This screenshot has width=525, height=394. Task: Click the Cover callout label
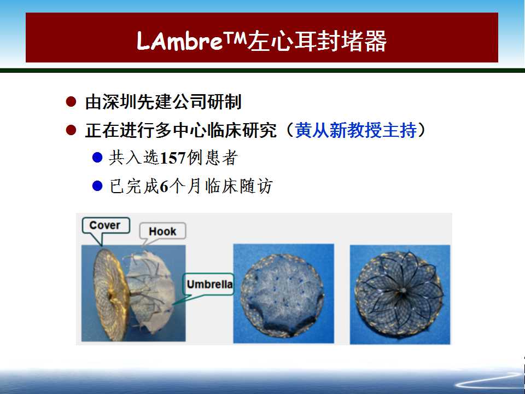(x=105, y=225)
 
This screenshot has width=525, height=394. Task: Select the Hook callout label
(x=162, y=231)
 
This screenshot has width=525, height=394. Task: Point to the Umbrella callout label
(x=209, y=285)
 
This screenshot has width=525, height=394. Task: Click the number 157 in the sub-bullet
(x=173, y=158)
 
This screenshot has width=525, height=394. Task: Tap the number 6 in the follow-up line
(x=164, y=186)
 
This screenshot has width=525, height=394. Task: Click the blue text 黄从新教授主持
(x=355, y=130)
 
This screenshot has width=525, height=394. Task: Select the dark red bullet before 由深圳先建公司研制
(x=71, y=102)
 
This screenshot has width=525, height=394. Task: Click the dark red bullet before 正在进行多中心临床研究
(x=71, y=130)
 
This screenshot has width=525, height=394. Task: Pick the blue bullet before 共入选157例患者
(x=97, y=158)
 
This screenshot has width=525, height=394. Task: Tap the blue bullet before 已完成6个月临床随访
(x=97, y=186)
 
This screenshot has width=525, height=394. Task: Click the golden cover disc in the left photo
(x=110, y=295)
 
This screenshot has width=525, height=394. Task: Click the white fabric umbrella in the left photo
(x=151, y=292)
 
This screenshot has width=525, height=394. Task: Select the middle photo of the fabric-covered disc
(x=283, y=293)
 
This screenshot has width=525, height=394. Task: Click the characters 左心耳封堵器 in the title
(x=317, y=42)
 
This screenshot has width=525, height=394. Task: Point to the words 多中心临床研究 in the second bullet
(x=215, y=130)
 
